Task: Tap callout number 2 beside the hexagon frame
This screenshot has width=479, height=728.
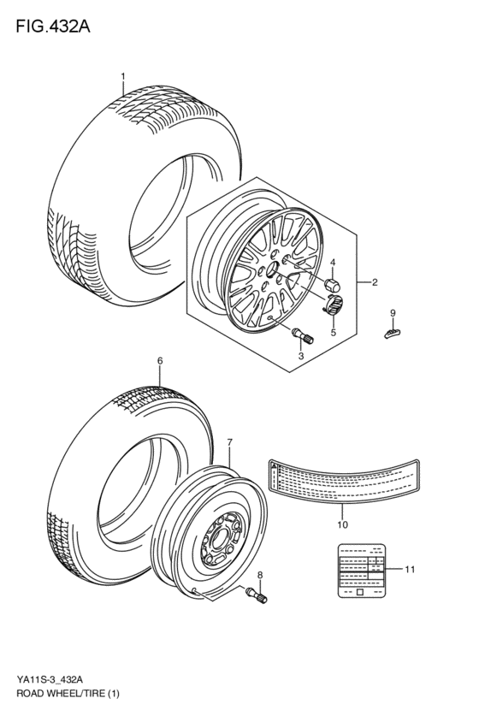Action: pos(374,281)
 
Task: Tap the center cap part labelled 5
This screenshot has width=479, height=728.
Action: pos(332,303)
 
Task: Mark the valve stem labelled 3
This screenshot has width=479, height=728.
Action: pos(303,334)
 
